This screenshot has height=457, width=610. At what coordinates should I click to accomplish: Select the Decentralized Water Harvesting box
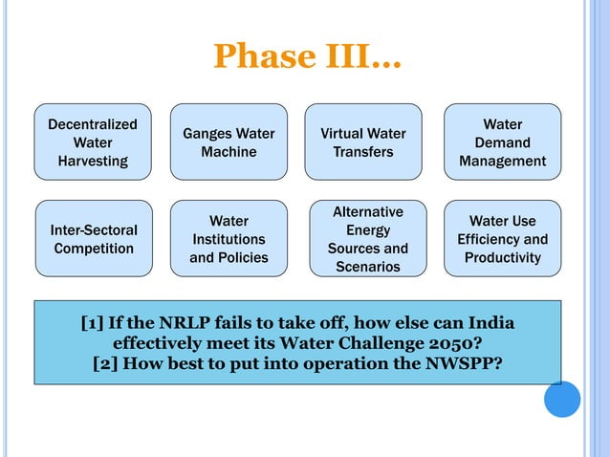[93, 142]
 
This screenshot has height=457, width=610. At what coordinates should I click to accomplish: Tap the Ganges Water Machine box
[229, 142]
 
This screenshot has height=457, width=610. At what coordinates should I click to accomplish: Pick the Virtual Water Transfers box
[363, 142]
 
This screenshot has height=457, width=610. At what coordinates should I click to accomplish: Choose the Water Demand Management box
[503, 142]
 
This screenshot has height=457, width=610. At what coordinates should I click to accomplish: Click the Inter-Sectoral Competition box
[93, 239]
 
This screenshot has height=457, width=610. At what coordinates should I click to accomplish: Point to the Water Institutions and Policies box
[229, 239]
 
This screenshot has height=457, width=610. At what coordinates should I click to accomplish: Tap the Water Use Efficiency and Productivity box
[503, 239]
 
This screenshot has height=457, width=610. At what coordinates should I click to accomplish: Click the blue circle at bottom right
[562, 400]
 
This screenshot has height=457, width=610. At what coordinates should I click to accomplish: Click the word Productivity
[503, 258]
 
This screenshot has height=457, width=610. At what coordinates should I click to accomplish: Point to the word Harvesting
[93, 162]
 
